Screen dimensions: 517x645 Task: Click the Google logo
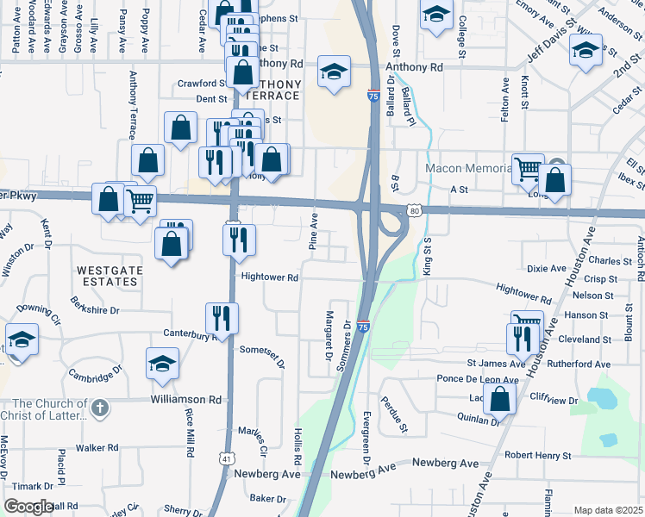[28, 507]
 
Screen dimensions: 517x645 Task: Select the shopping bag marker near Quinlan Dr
[500, 399]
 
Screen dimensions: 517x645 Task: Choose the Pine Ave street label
[314, 232]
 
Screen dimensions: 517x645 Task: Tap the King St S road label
[427, 249]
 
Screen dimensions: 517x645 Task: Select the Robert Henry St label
[538, 455]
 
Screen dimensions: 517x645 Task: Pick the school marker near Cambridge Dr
[161, 365]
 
